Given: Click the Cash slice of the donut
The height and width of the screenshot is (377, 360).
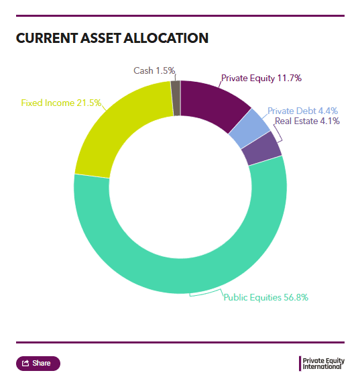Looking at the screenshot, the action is pyautogui.click(x=176, y=99).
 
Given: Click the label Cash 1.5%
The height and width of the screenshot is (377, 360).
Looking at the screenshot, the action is pyautogui.click(x=154, y=70).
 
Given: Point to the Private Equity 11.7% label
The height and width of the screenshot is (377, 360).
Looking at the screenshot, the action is pyautogui.click(x=261, y=78).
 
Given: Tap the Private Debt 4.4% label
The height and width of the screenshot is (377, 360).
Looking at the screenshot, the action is pyautogui.click(x=302, y=111).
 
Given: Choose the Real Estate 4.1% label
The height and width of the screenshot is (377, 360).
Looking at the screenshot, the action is pyautogui.click(x=307, y=121).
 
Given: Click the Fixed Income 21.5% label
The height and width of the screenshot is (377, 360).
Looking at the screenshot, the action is pyautogui.click(x=61, y=103).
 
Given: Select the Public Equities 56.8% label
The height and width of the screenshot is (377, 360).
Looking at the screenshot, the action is pyautogui.click(x=265, y=297).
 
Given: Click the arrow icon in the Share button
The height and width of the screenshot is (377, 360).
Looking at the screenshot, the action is pyautogui.click(x=25, y=363).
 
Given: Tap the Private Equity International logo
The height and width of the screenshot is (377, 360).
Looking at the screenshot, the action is pyautogui.click(x=322, y=364).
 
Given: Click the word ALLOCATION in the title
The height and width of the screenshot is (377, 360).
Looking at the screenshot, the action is pyautogui.click(x=166, y=38).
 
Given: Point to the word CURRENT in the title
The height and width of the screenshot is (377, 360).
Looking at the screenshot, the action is pyautogui.click(x=47, y=38).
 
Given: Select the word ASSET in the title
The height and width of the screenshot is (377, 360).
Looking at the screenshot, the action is pyautogui.click(x=101, y=38).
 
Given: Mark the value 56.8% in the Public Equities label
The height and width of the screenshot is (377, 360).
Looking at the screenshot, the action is pyautogui.click(x=296, y=297).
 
